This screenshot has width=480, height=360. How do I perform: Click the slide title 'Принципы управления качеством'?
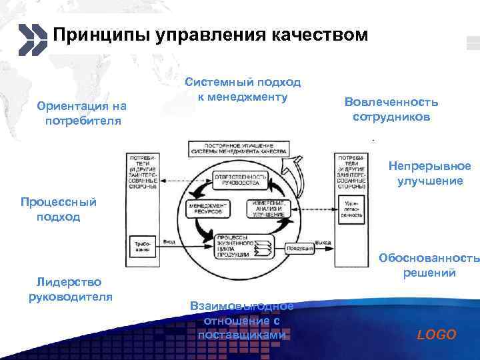click(x=210, y=35)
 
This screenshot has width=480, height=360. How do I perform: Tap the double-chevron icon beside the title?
click(x=33, y=39)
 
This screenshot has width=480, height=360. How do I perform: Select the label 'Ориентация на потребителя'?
click(x=83, y=114)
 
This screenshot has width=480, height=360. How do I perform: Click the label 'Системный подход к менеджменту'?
click(x=243, y=90)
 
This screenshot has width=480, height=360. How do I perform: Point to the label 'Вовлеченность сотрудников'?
click(x=391, y=109)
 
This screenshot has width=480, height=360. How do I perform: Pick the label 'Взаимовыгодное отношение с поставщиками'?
click(x=241, y=320)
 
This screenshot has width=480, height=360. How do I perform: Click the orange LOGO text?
click(x=436, y=335)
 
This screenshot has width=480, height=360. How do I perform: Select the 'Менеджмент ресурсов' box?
click(x=207, y=209)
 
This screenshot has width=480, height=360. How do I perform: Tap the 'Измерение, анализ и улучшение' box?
click(x=269, y=209)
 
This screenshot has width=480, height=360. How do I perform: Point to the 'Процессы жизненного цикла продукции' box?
click(x=239, y=246)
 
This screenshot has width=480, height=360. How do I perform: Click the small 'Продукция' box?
click(x=300, y=248)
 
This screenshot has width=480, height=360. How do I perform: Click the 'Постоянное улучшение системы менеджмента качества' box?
click(x=239, y=148)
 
